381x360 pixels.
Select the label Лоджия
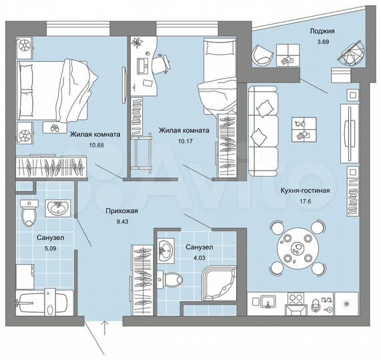322,31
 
